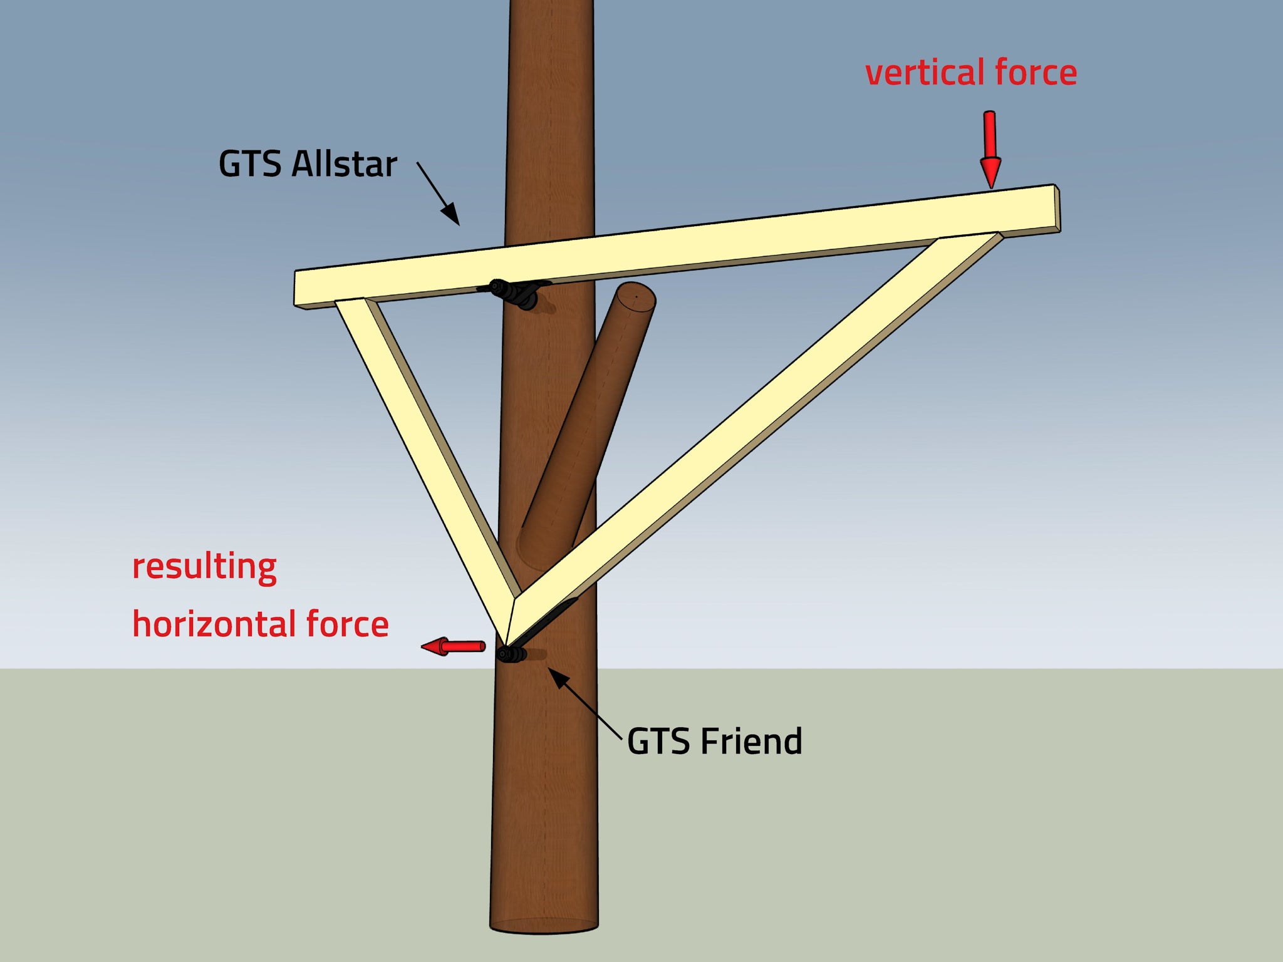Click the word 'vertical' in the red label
925,73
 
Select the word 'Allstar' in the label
344,164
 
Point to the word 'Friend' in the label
751,742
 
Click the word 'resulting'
204,567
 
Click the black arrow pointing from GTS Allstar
439,194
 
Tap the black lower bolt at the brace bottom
511,654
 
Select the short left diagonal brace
426,445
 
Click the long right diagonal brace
752,426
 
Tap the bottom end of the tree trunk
544,926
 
